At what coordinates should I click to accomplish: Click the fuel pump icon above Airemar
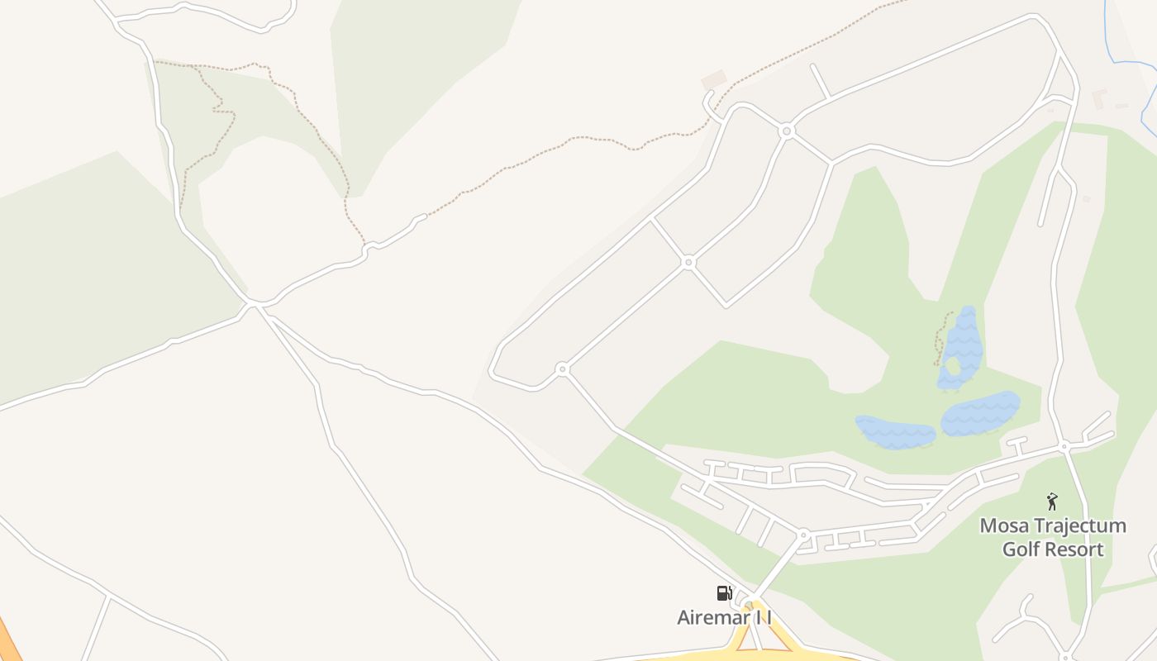click(724, 592)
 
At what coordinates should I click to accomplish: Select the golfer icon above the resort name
click(1052, 502)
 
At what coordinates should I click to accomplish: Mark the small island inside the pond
click(953, 367)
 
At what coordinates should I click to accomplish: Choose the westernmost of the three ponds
click(894, 432)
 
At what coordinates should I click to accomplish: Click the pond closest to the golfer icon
click(980, 412)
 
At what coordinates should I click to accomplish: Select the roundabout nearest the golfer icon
click(1064, 446)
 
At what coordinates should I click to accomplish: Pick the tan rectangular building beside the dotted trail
click(713, 80)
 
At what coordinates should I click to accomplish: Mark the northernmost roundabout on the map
click(787, 131)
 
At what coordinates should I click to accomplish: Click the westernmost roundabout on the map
click(562, 369)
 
